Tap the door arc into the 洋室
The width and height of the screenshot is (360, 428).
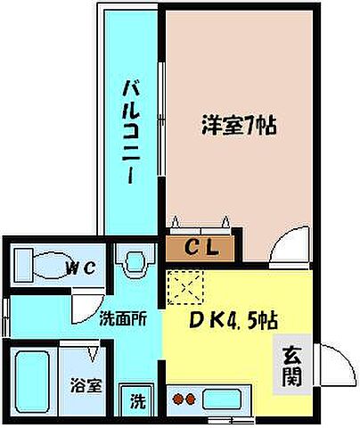click(285, 244)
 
